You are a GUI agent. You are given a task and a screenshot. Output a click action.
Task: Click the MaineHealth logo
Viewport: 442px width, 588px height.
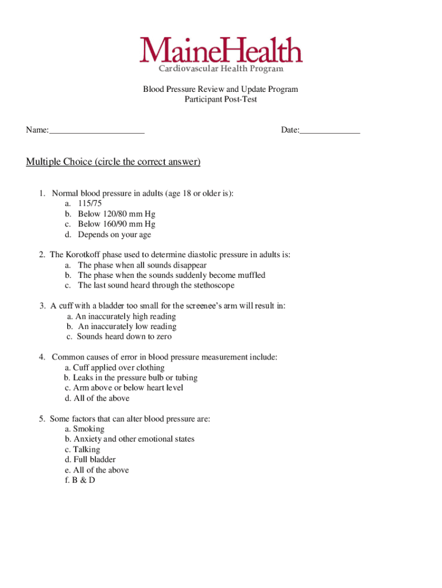[221, 51]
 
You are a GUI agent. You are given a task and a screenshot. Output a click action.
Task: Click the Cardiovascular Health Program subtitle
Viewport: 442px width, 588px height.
[221, 69]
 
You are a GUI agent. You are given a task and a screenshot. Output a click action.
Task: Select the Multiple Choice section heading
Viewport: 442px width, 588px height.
[113, 162]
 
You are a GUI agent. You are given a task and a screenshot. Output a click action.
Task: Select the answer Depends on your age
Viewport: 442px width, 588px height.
[114, 235]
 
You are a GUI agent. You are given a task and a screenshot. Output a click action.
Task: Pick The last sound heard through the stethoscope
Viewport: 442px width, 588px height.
[156, 285]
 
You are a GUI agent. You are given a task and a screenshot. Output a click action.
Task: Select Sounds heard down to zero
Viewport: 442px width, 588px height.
[124, 337]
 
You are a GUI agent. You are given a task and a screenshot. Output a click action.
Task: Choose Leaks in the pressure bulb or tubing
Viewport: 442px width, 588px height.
[135, 378]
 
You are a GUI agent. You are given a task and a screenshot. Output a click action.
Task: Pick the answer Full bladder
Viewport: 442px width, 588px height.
[94, 460]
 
